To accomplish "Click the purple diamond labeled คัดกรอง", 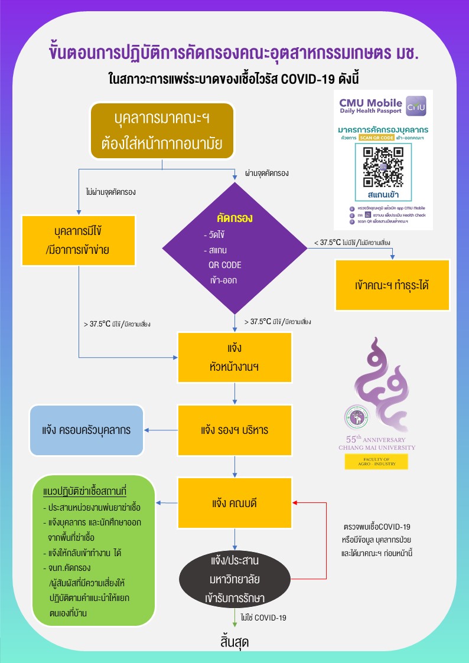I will [235, 249].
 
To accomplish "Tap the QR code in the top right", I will [383, 165].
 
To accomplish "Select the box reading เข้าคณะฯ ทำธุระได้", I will [392, 285].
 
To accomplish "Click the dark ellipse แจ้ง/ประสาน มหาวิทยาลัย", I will [235, 571].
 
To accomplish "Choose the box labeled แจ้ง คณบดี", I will [235, 504].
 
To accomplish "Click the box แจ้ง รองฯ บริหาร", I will [235, 430].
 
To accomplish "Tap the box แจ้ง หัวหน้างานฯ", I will [235, 357].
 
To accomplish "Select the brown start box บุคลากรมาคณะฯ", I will [162, 131].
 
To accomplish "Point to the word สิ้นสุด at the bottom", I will [233, 642].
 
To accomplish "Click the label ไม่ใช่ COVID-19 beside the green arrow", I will [263, 618].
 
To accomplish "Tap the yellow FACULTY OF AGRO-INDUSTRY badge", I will [376, 462].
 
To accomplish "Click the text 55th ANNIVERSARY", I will [376, 440].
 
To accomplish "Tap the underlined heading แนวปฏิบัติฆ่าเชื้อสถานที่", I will [85, 492].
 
